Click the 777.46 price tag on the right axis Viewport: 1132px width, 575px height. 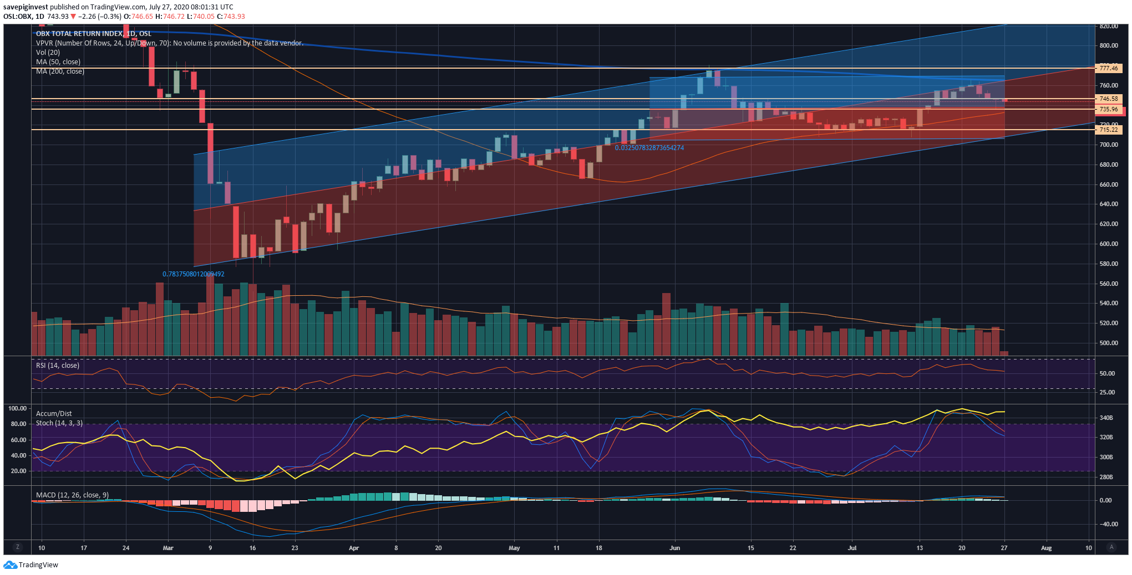click(x=1108, y=68)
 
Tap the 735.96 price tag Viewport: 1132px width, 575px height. click(x=1108, y=109)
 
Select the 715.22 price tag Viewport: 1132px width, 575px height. click(x=1108, y=130)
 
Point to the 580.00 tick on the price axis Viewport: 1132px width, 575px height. click(x=1108, y=264)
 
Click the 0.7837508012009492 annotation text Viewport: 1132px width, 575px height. click(x=193, y=274)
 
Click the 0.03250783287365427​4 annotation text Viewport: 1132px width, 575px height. click(x=649, y=148)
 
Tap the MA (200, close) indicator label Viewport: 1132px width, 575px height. click(x=60, y=71)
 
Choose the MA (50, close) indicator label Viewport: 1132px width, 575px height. click(x=58, y=62)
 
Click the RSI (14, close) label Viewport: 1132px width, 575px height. click(x=58, y=366)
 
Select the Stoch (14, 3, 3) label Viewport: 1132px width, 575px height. click(x=59, y=423)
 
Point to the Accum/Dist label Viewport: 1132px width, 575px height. click(x=54, y=414)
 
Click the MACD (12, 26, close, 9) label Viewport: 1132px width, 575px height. click(x=72, y=495)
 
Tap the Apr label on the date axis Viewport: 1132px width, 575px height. click(x=354, y=548)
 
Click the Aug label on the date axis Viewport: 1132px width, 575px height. click(x=1046, y=548)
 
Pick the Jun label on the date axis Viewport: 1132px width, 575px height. click(x=674, y=548)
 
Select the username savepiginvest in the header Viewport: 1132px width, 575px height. click(x=26, y=7)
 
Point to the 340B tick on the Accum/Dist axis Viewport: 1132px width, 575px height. click(x=1106, y=418)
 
